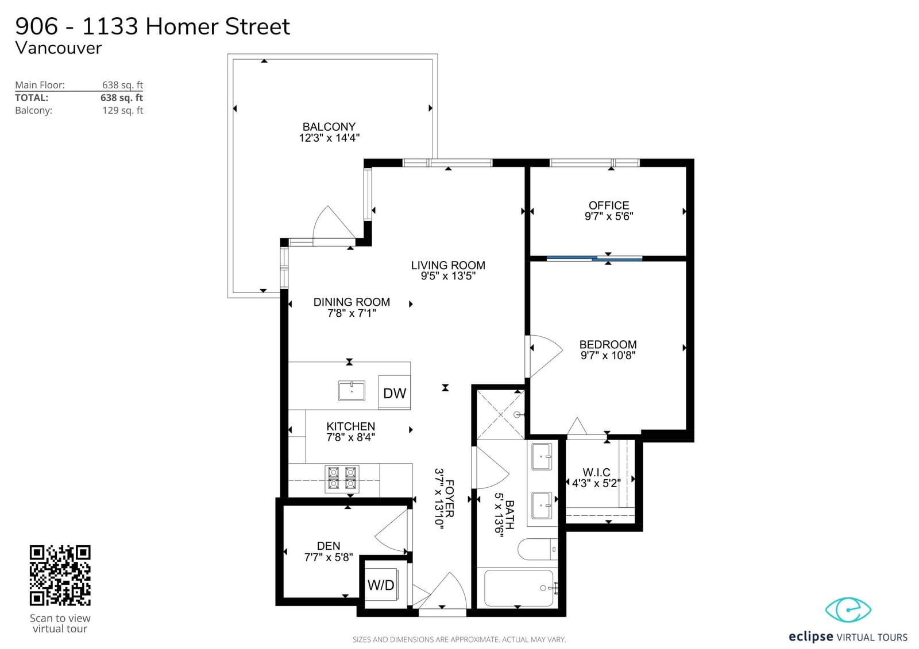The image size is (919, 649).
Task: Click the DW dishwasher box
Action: point(394,392)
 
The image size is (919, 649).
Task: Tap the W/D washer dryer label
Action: point(381,585)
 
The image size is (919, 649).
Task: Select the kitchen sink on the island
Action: point(352,391)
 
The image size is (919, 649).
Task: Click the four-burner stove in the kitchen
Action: point(342,479)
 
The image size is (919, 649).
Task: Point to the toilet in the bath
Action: point(538,549)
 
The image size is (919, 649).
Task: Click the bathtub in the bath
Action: point(519,588)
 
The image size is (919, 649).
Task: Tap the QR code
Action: point(60,575)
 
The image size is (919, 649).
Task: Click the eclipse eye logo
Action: point(848,610)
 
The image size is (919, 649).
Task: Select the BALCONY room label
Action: point(329,127)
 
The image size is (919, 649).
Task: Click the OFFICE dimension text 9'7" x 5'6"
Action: point(609,216)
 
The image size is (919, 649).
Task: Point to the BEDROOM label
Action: point(608,344)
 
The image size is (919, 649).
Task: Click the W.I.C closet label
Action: point(597,472)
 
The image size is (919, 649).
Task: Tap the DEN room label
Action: point(329,546)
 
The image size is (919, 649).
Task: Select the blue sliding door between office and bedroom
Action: point(594,259)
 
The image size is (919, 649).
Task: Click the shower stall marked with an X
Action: point(501,415)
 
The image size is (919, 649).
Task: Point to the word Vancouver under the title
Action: point(58,48)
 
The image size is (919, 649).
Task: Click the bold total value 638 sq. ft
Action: point(122,98)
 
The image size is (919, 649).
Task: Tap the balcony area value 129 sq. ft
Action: point(123,110)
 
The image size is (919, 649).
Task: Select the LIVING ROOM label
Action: point(448,265)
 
